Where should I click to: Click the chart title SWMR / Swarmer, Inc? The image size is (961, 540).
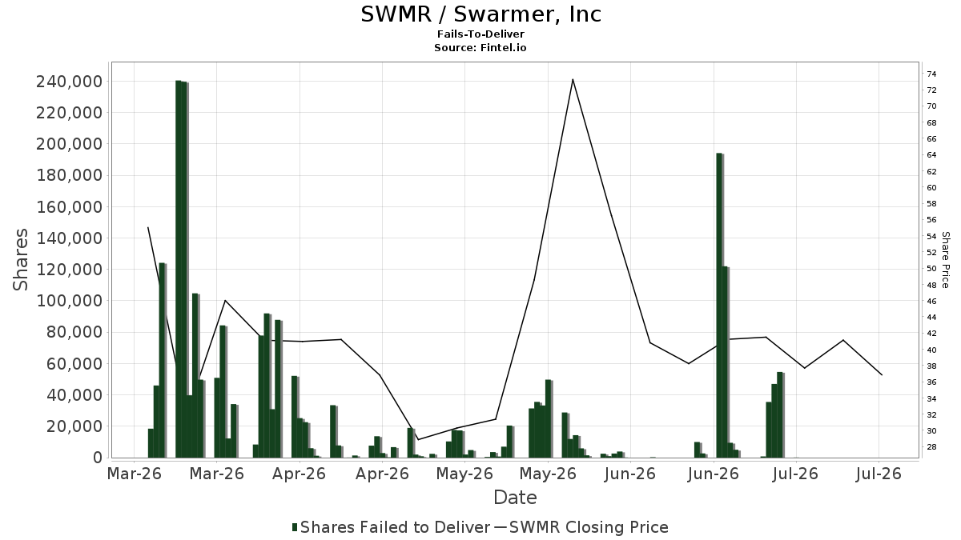click(x=481, y=14)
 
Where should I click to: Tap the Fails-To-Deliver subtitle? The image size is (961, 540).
click(x=480, y=34)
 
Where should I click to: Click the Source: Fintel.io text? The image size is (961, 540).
click(x=480, y=47)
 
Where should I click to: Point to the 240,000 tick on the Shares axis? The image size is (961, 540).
click(x=70, y=82)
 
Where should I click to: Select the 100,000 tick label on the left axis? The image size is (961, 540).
click(x=70, y=301)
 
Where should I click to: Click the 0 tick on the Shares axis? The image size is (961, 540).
click(x=99, y=458)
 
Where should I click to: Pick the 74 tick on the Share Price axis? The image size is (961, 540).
click(x=931, y=74)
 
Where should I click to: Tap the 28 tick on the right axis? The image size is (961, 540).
click(x=931, y=447)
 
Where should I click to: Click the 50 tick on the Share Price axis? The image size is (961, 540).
click(x=931, y=269)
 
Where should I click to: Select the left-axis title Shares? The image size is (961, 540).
click(x=20, y=260)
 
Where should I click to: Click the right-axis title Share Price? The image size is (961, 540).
click(x=945, y=260)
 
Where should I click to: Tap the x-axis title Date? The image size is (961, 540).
click(x=515, y=498)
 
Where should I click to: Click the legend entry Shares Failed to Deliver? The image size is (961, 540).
click(x=391, y=527)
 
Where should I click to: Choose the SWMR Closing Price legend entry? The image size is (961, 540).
click(x=581, y=527)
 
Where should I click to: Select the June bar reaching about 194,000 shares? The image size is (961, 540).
click(x=720, y=305)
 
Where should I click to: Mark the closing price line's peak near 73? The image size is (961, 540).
click(x=573, y=79)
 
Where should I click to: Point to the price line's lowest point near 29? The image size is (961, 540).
click(x=418, y=439)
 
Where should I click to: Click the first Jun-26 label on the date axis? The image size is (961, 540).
click(x=629, y=474)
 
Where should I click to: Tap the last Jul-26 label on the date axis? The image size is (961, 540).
click(x=879, y=474)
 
